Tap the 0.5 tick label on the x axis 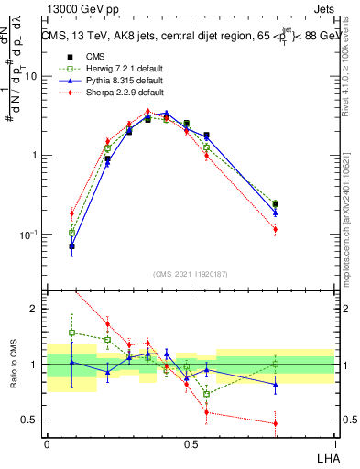coord(190,442)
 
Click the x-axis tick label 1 coord(333,442)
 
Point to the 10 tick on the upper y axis coord(30,76)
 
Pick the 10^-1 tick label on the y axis coord(28,234)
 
